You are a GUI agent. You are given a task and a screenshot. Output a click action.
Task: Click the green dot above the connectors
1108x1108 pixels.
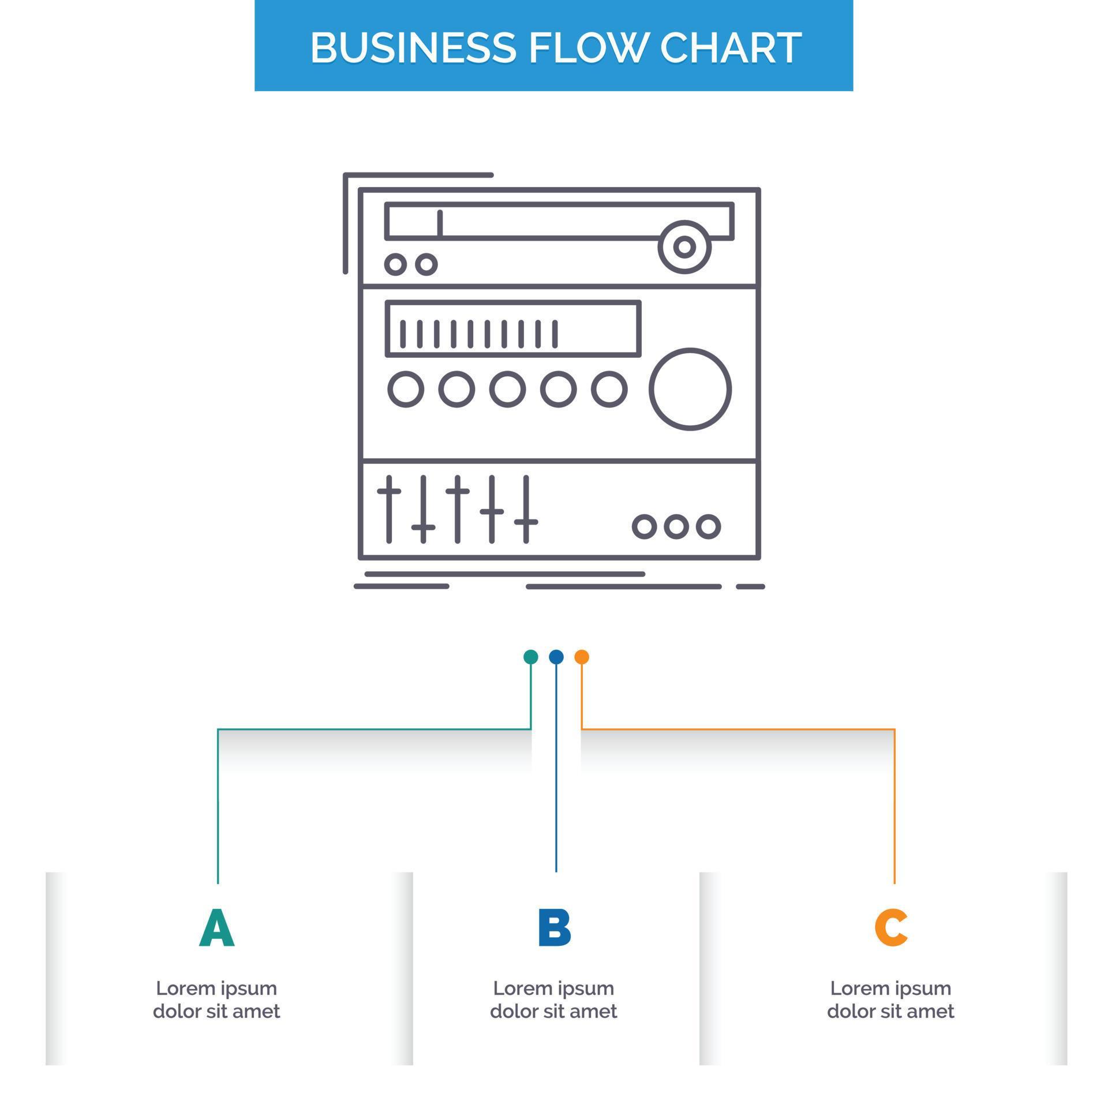coord(531,657)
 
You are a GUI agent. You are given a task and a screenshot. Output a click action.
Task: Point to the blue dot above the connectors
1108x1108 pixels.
coord(556,657)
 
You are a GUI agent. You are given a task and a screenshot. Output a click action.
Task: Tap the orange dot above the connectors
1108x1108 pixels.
coord(582,657)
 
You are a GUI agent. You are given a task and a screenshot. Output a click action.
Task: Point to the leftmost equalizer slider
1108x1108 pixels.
coord(389,509)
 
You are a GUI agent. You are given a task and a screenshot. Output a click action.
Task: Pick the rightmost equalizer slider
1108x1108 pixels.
coord(526,509)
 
